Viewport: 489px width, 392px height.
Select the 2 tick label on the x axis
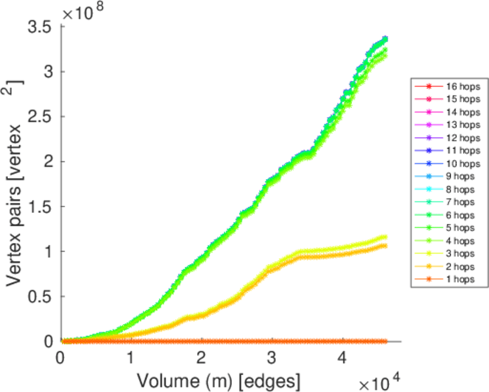[202, 357]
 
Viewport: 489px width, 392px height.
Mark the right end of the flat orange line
[386, 341]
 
